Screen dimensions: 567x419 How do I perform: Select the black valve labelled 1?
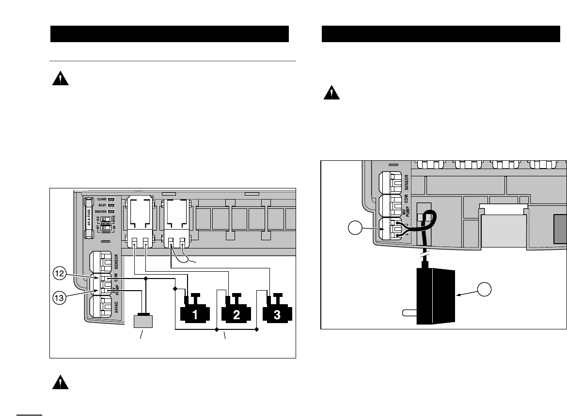click(x=195, y=313)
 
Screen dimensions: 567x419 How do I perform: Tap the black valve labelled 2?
click(x=236, y=313)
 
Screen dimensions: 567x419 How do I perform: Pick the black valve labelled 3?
click(x=277, y=313)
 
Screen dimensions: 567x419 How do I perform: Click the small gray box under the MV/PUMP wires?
click(x=143, y=322)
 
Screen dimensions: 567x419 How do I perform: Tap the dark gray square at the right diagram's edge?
click(x=561, y=229)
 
